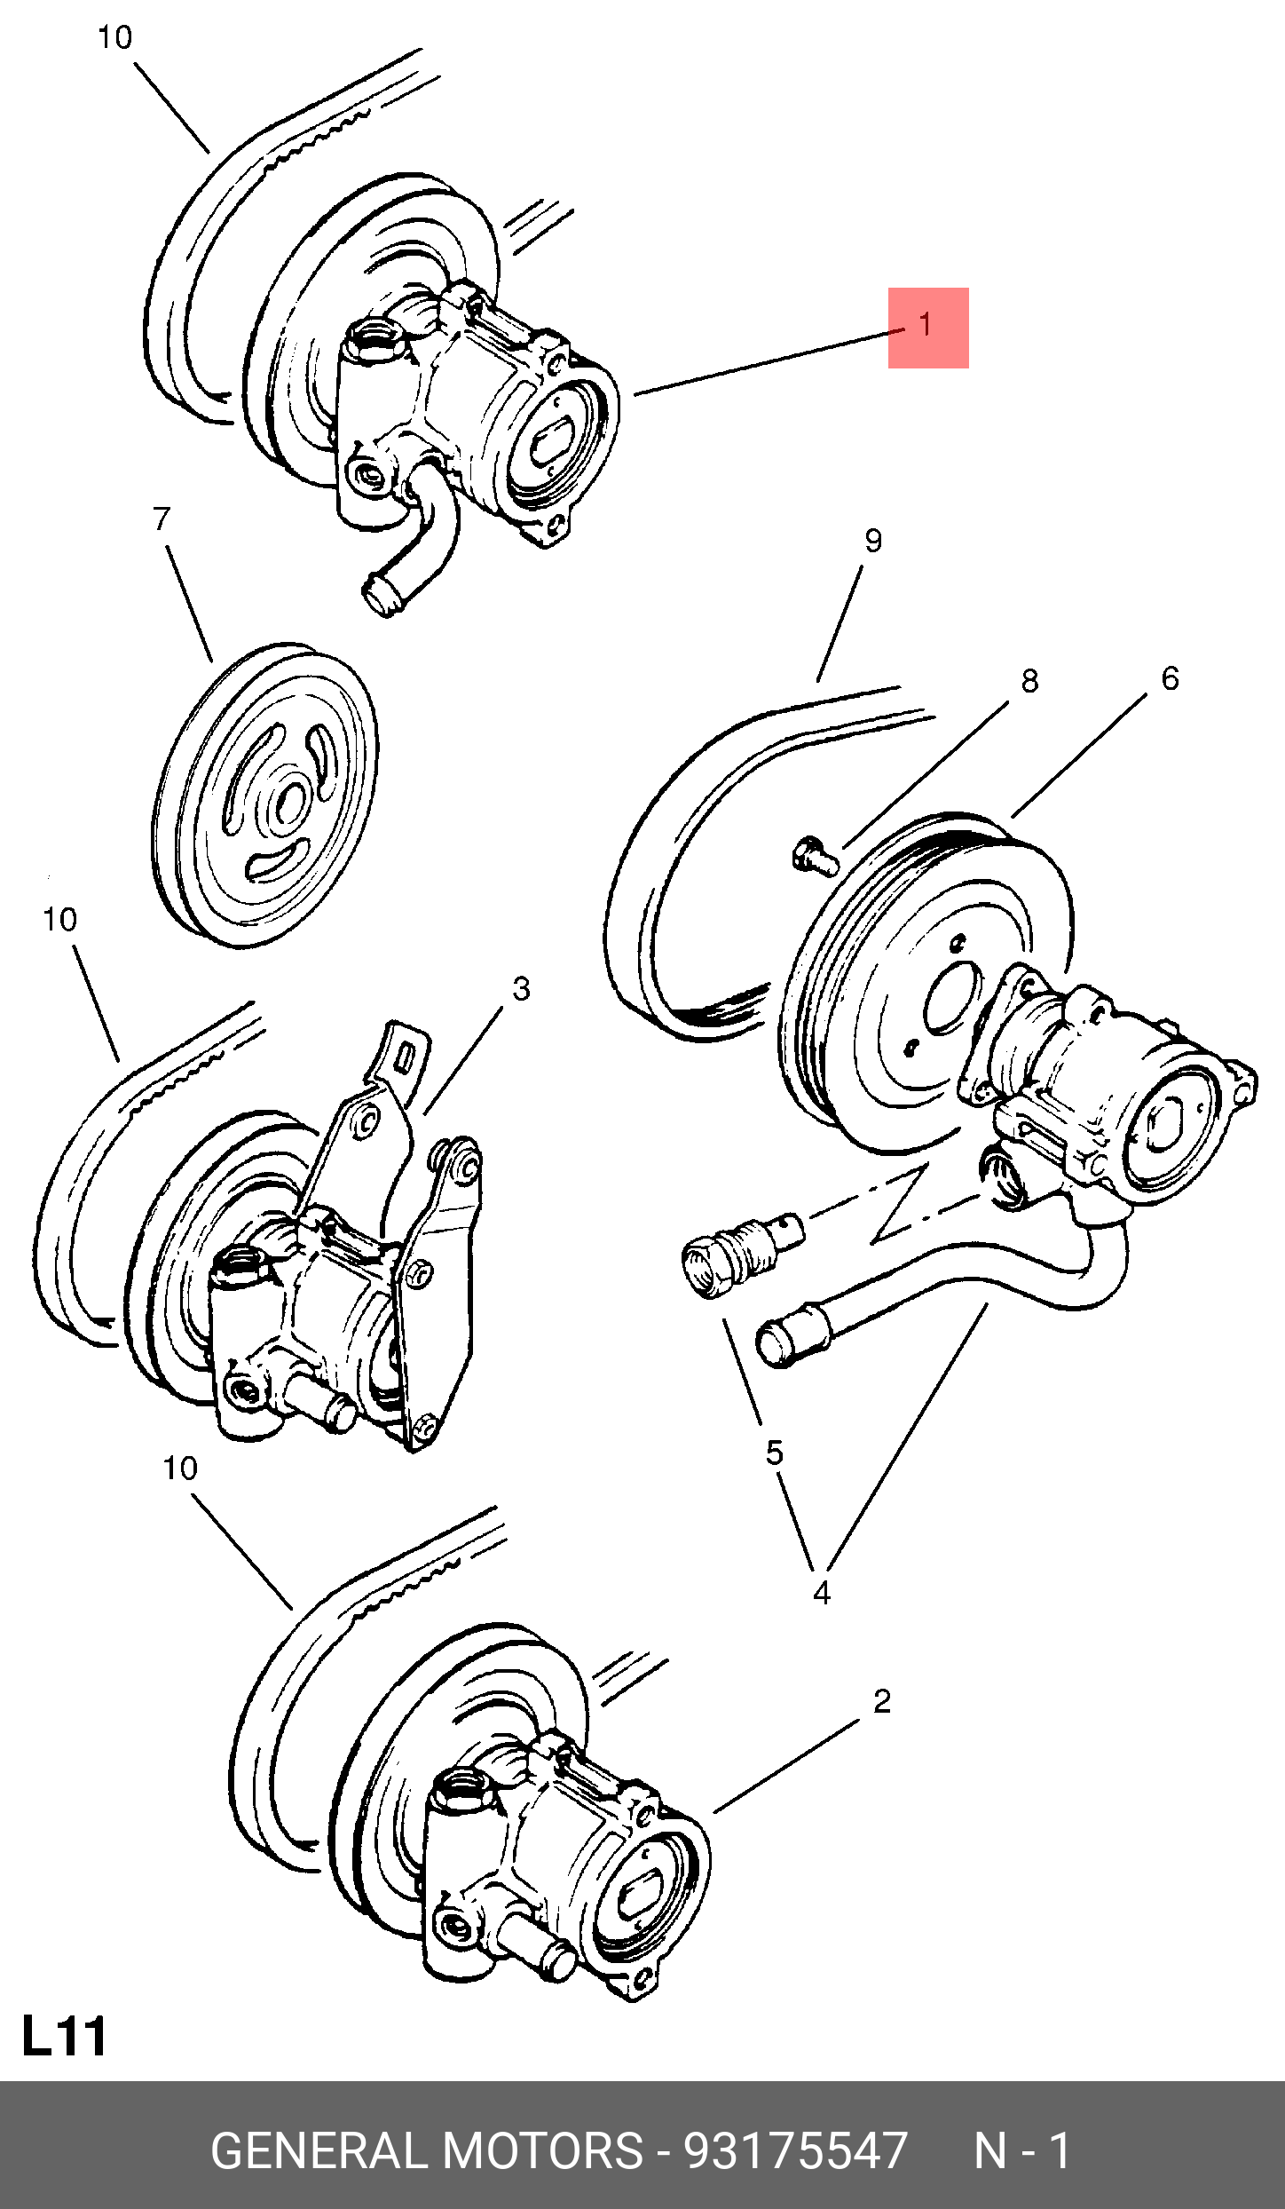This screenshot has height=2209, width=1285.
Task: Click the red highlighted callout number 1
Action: pos(926,326)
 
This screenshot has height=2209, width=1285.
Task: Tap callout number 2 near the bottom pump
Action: pos(881,1701)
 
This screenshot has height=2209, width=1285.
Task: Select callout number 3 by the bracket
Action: pos(521,989)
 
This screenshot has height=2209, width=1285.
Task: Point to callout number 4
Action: pos(822,1594)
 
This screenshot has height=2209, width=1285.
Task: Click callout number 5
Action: pos(775,1453)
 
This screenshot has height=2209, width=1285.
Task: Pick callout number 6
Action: pos(1170,678)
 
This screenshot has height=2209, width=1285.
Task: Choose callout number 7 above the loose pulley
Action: pos(161,519)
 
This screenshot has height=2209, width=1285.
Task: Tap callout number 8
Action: pos(1029,681)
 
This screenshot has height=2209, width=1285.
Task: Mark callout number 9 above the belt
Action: pos(873,541)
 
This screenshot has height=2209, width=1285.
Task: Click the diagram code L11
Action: pos(64,2037)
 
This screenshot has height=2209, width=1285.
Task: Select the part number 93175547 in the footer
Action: pos(796,2150)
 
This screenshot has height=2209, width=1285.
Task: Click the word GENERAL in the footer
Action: pos(319,2150)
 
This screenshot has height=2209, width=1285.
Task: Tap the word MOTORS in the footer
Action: pos(541,2150)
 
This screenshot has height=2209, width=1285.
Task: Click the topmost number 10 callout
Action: pos(114,37)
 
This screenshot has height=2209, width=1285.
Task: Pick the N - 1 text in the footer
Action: pos(1022,2150)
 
